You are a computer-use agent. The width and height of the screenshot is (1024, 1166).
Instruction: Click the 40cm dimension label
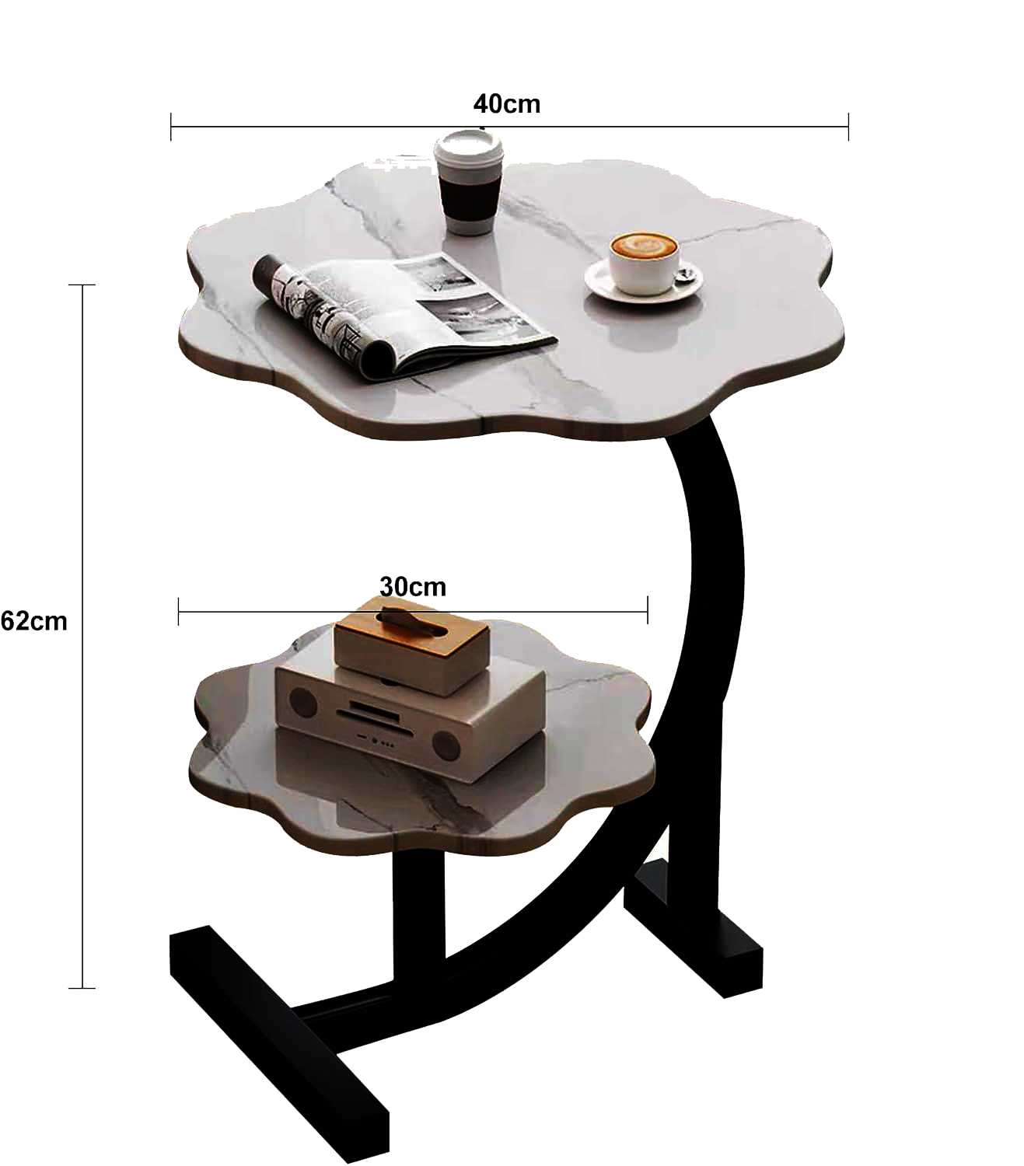506,104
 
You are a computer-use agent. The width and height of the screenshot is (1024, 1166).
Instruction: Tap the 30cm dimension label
413,587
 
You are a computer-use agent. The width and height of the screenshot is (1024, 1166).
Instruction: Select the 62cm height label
34,621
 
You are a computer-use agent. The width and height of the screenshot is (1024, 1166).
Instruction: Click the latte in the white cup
644,245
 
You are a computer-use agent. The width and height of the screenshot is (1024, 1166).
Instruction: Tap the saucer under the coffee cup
644,282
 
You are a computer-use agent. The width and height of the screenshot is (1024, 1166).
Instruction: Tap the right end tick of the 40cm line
848,127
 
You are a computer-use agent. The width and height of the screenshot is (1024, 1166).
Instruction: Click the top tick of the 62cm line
82,285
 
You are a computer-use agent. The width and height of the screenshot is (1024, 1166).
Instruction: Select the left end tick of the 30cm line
178,611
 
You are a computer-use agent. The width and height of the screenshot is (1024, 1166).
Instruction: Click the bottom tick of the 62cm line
82,988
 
